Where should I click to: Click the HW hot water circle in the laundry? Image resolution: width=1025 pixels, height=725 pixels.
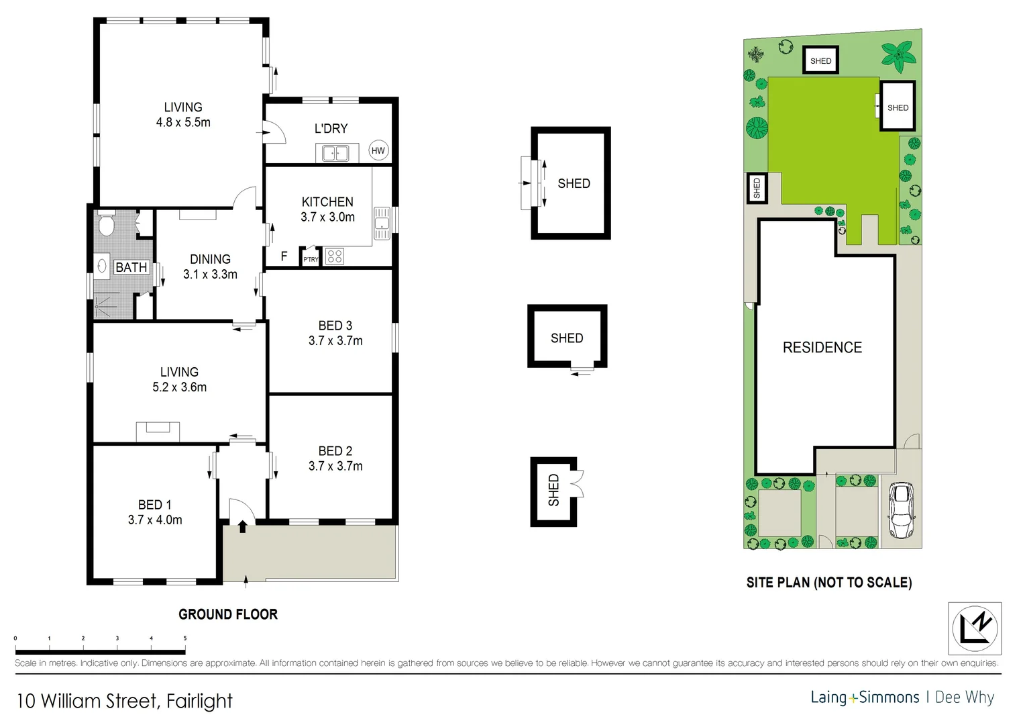point(378,150)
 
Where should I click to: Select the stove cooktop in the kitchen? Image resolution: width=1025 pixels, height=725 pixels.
point(335,256)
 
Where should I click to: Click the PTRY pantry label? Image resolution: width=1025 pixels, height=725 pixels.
point(311,259)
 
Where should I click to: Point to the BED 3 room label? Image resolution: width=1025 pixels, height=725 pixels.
point(335,326)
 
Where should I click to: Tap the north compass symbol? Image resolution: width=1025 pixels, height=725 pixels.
point(975,629)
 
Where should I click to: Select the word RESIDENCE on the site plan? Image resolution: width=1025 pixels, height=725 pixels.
point(822,348)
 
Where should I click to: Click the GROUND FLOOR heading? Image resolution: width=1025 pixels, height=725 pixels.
point(228,614)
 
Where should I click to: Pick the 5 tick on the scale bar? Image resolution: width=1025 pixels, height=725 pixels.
point(185,638)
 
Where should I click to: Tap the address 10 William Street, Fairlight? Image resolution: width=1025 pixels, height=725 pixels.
point(124,701)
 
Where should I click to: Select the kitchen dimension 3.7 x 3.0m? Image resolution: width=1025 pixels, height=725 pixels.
point(327,217)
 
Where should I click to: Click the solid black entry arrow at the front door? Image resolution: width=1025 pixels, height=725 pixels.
point(242,527)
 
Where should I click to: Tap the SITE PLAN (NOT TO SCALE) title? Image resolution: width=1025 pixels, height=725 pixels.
point(829,583)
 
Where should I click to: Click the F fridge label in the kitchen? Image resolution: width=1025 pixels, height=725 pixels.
point(284,256)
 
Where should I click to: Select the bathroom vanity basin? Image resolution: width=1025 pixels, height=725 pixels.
point(102,266)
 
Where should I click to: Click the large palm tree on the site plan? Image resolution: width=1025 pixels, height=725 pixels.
point(898,56)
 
